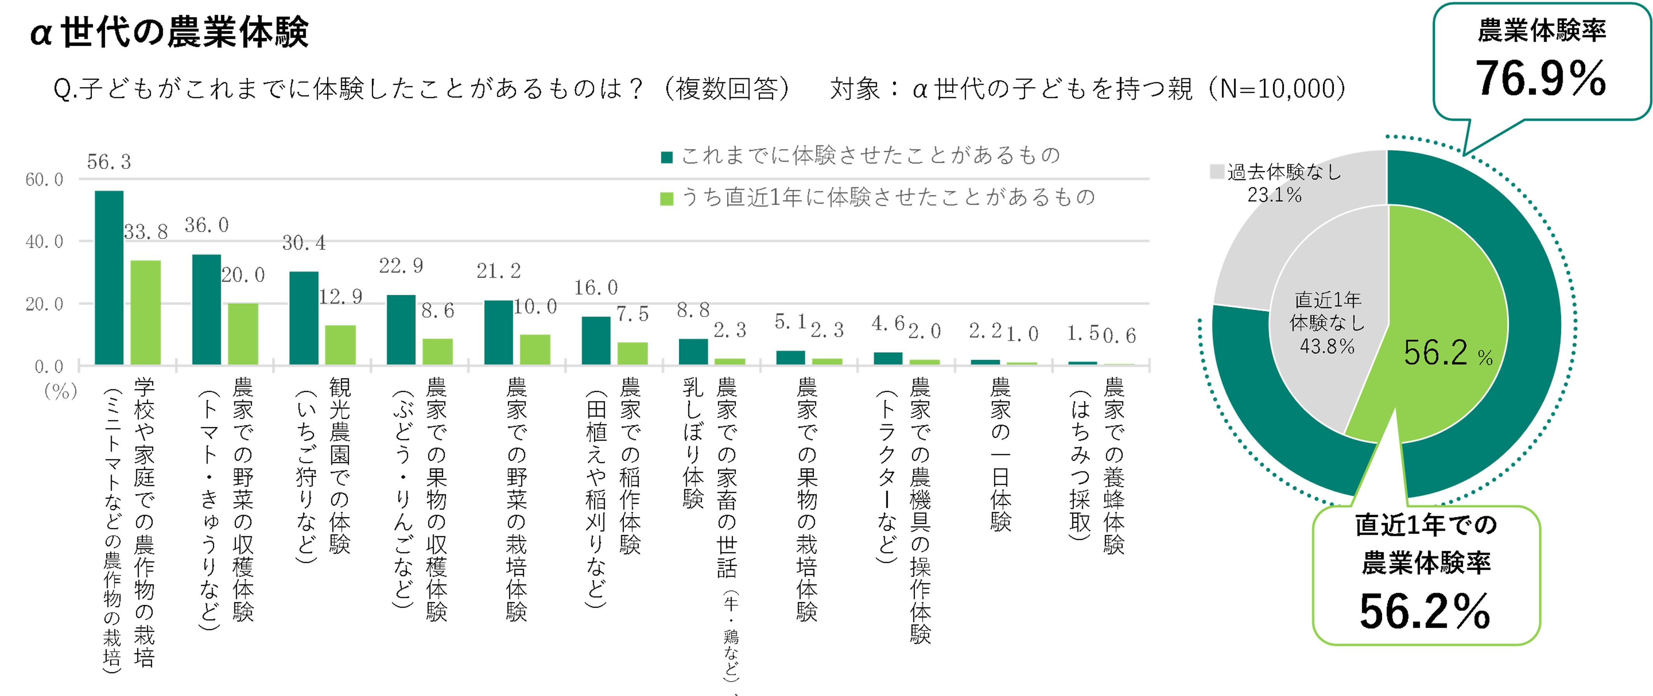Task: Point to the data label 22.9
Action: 401,266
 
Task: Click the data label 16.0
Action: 595,287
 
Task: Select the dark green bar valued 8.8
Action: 693,351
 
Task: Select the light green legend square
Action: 667,199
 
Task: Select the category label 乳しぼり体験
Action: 693,443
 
